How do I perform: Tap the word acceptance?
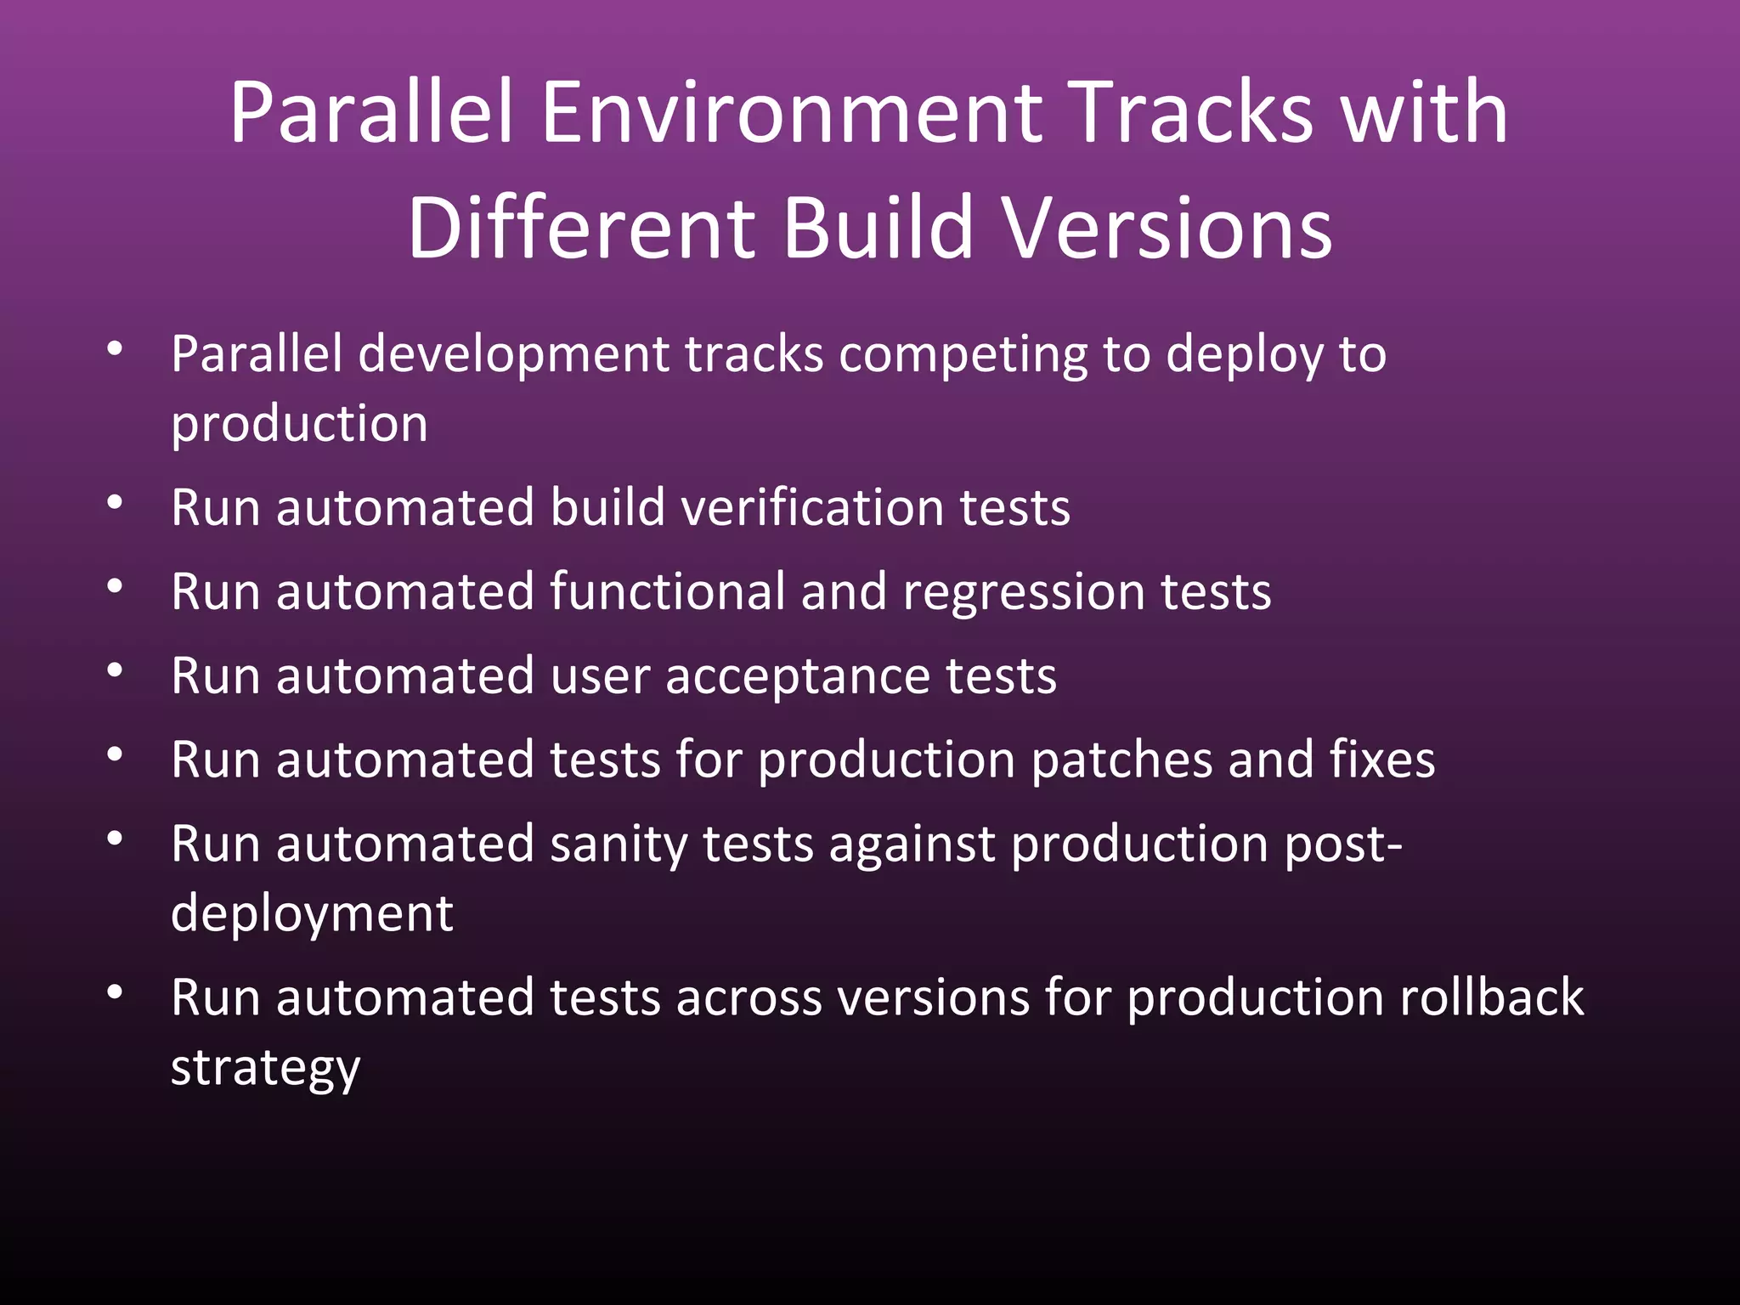[x=799, y=678]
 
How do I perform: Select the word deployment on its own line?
[x=312, y=916]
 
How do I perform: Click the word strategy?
[x=265, y=1069]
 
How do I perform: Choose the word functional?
[x=667, y=592]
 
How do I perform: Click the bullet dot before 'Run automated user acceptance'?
[x=116, y=671]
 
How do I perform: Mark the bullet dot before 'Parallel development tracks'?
[x=116, y=348]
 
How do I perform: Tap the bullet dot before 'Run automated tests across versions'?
[x=116, y=992]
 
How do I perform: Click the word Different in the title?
[x=581, y=229]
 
